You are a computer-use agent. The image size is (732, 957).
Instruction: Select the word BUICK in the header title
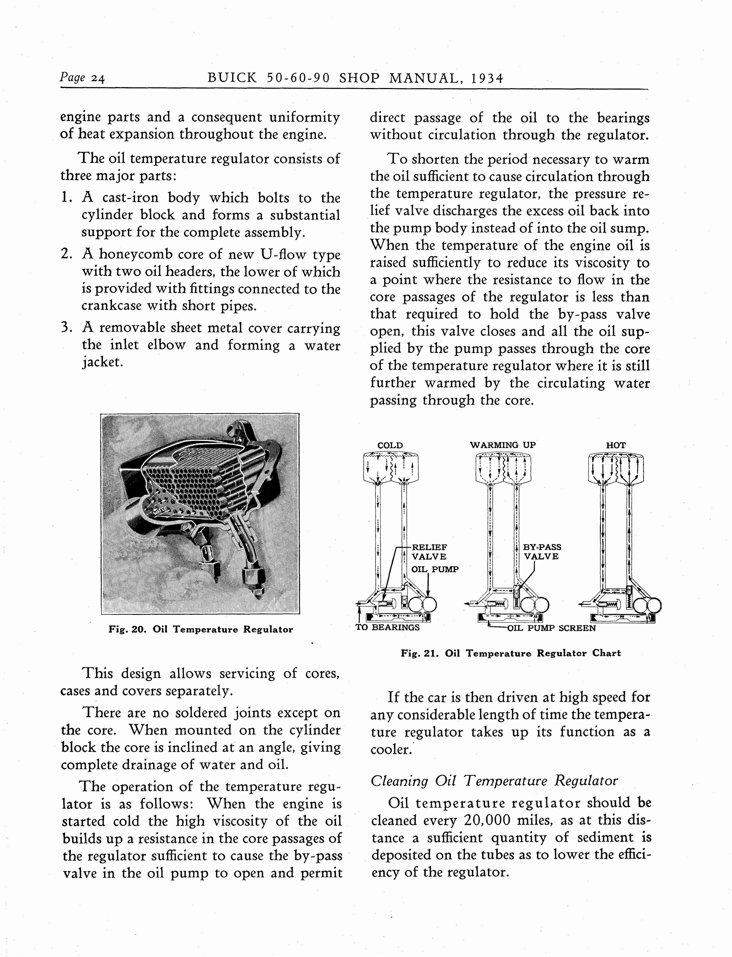pyautogui.click(x=232, y=78)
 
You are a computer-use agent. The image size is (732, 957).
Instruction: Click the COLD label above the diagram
pyautogui.click(x=390, y=446)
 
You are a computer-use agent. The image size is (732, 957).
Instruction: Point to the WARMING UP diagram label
pyautogui.click(x=503, y=445)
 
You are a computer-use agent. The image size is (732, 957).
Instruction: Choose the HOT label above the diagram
pyautogui.click(x=616, y=446)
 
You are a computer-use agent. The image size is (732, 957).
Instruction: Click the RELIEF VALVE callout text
pyautogui.click(x=429, y=552)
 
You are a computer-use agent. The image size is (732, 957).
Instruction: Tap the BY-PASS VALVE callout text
pyautogui.click(x=542, y=552)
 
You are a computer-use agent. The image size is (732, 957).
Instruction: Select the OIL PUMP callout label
pyautogui.click(x=435, y=569)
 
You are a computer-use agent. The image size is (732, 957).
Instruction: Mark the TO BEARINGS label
pyautogui.click(x=387, y=627)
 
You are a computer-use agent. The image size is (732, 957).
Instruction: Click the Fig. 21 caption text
pyautogui.click(x=510, y=653)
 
